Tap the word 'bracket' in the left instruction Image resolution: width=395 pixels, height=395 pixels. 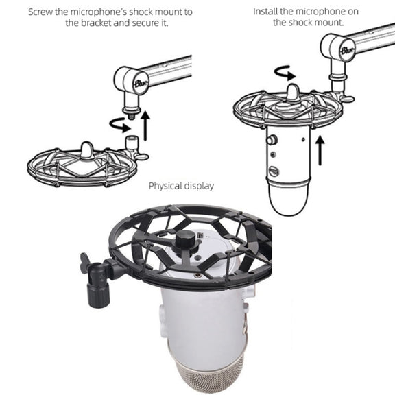pos(97,23)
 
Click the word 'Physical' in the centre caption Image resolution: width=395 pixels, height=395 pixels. pos(165,187)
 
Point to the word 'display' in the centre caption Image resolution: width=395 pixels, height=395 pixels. pos(199,187)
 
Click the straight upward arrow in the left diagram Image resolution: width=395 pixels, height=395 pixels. pos(145,126)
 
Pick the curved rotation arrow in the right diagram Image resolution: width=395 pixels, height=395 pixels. pos(285,73)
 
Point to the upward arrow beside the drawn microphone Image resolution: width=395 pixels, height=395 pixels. pos(320,150)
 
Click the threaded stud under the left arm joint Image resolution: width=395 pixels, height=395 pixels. pos(131,117)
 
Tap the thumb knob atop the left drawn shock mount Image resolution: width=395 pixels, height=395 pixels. pos(86,151)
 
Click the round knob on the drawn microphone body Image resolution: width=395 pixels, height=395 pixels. pos(272,140)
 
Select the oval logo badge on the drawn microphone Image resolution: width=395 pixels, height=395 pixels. pos(274,171)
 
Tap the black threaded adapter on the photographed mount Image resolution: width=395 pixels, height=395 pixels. pos(98,285)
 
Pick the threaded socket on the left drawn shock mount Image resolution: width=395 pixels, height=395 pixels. pos(132,143)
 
